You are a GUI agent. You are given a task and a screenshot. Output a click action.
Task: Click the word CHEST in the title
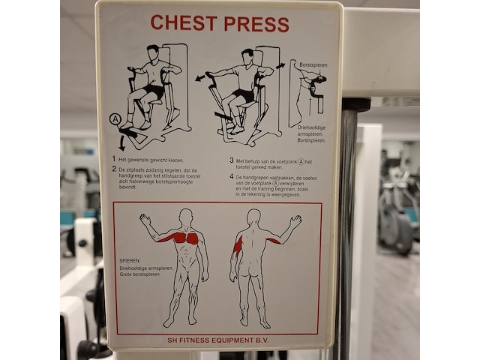(183, 23)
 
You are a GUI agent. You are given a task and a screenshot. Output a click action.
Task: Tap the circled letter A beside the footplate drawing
(115, 119)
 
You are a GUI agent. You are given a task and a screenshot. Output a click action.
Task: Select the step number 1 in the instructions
(114, 160)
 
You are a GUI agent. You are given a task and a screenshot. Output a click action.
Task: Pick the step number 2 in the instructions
(114, 169)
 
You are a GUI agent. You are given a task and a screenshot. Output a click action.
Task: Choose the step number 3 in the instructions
(232, 160)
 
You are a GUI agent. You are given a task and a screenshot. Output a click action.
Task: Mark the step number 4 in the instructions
(232, 177)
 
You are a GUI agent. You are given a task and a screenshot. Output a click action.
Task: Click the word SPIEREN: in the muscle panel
(130, 260)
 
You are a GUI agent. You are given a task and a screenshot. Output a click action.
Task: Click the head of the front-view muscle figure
(186, 217)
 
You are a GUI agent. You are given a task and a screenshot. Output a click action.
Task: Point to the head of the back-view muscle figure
(253, 217)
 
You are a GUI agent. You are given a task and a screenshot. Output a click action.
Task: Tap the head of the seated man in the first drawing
(153, 53)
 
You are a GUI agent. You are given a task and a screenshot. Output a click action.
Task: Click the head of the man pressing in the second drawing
(247, 56)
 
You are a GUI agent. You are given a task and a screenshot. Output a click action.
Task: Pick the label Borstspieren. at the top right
(313, 65)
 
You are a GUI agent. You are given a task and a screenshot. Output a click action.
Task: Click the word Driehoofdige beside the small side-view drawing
(311, 128)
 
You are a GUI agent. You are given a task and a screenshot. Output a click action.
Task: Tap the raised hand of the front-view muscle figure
(144, 220)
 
